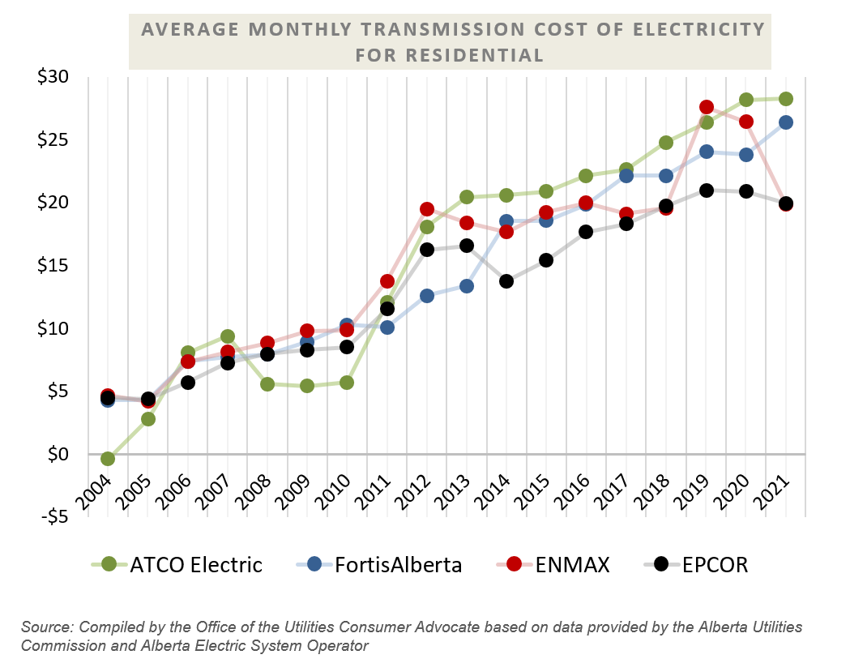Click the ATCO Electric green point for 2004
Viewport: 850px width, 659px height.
(x=107, y=459)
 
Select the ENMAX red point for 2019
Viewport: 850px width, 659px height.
(x=706, y=107)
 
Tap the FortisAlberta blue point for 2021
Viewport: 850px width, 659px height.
(x=785, y=122)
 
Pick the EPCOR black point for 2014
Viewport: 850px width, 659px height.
(x=506, y=281)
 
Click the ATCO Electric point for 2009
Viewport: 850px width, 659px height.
(x=307, y=386)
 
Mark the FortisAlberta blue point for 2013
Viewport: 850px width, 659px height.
(x=467, y=286)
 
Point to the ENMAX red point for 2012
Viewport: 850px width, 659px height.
(x=427, y=209)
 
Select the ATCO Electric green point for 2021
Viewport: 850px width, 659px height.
(x=785, y=99)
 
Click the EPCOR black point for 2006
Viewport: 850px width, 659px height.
(x=187, y=383)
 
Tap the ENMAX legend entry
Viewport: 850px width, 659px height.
(x=559, y=564)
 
